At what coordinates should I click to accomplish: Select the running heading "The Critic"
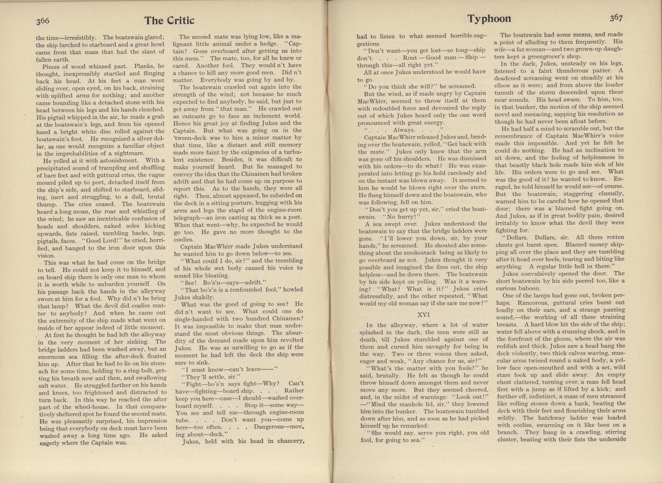(x=169, y=20)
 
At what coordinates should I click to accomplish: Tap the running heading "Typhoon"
(x=489, y=19)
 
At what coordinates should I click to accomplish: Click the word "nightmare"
(x=130, y=153)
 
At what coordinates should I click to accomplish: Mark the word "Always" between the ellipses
(x=404, y=130)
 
